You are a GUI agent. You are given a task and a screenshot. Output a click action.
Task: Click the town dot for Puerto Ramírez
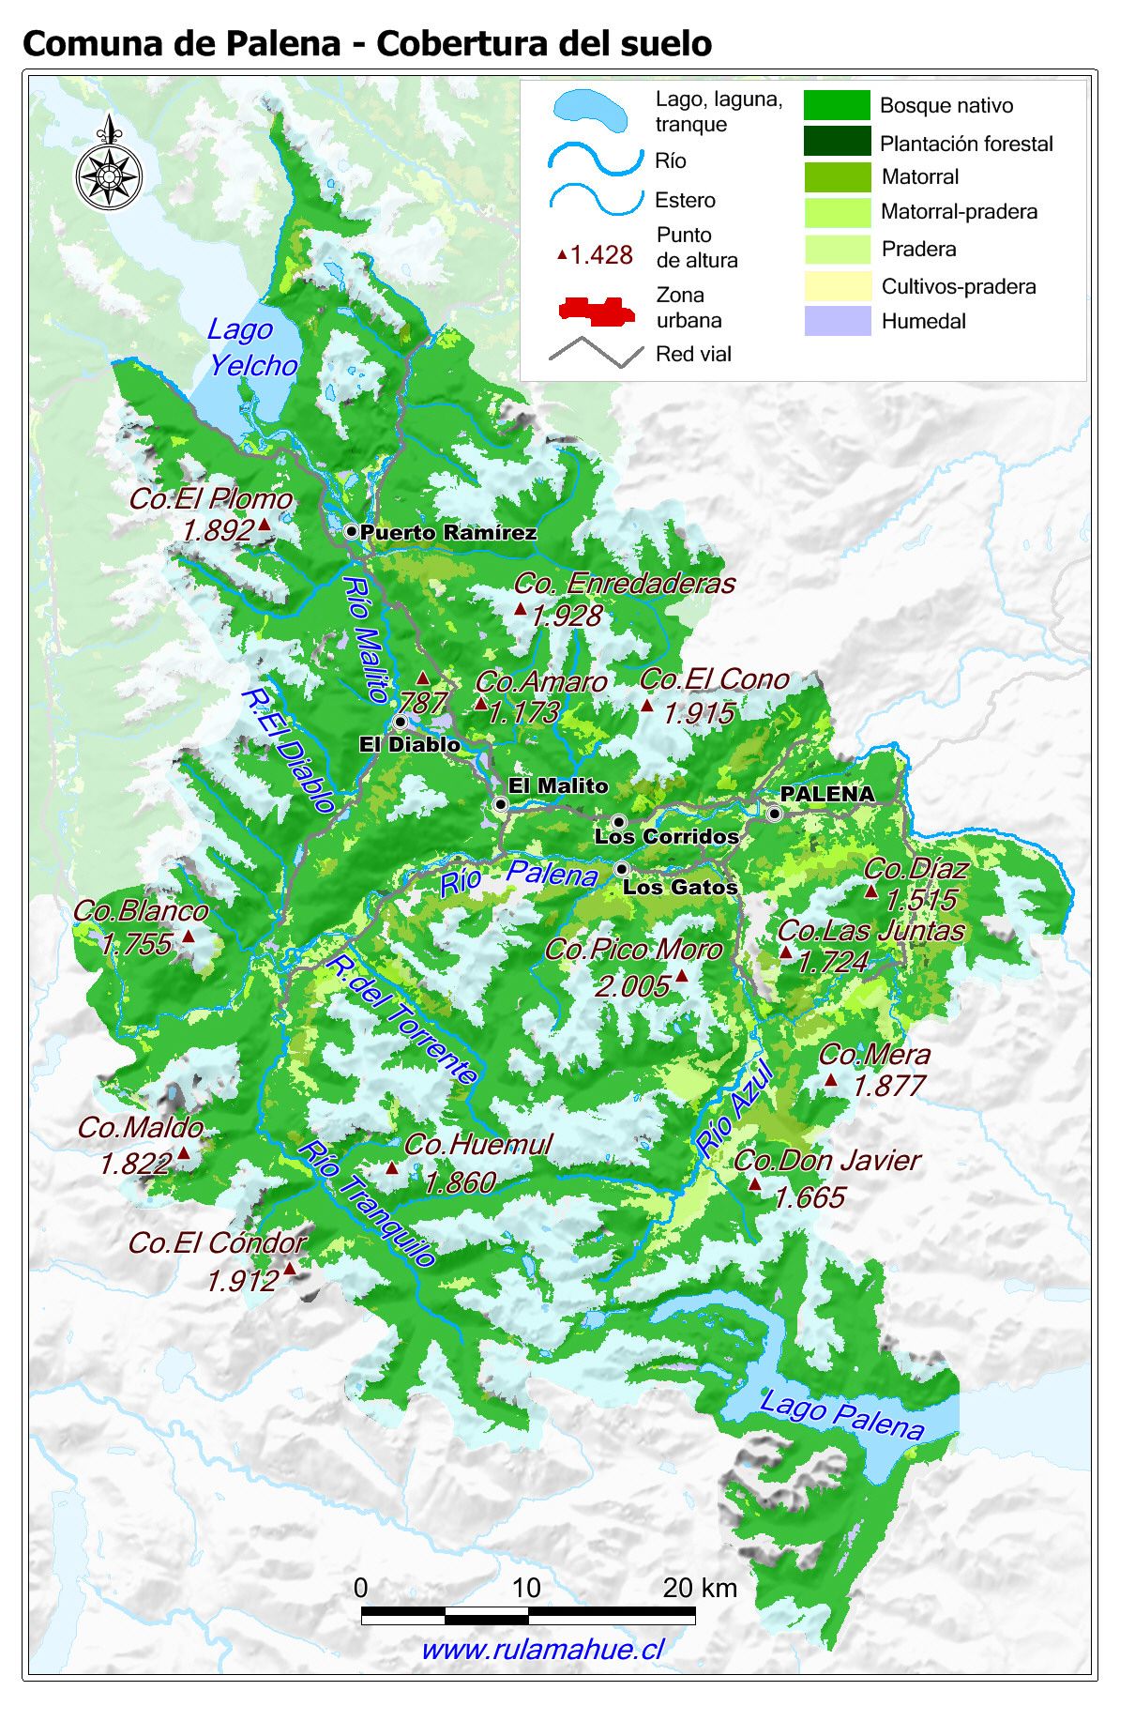[x=352, y=531]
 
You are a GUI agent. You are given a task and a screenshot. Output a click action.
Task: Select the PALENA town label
[x=826, y=794]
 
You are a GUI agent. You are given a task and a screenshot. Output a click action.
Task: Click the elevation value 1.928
[x=566, y=616]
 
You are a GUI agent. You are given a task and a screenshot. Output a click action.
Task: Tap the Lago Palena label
[x=841, y=1415]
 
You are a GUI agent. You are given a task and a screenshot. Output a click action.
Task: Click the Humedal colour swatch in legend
[x=838, y=321]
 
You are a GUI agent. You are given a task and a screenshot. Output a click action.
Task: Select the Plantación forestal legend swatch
[x=838, y=142]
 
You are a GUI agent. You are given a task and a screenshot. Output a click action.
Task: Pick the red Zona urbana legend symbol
[x=597, y=311]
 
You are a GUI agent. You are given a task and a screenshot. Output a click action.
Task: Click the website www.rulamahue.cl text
[x=543, y=1649]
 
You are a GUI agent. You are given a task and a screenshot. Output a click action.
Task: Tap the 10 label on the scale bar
[x=525, y=1588]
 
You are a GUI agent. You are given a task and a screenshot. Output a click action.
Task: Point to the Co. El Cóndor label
[x=218, y=1243]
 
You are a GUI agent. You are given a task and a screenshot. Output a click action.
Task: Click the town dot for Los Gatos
[x=621, y=869]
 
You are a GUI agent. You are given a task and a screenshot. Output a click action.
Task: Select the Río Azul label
[x=735, y=1107]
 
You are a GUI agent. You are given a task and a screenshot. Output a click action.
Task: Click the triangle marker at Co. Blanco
[x=188, y=936]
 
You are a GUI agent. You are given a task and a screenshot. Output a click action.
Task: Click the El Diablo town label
[x=410, y=744]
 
